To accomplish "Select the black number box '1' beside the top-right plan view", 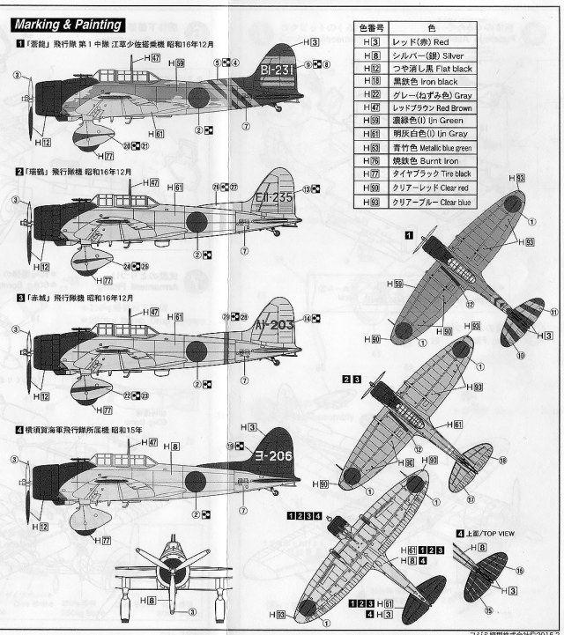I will (409, 234).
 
